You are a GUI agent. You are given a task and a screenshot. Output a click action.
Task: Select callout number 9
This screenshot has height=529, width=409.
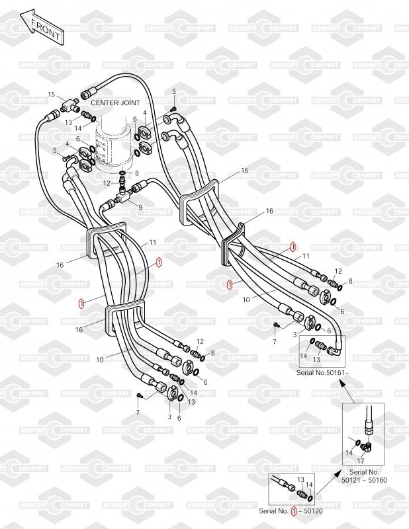pos(140,207)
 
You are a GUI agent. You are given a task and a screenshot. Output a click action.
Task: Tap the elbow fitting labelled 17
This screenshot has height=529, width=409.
pos(371,444)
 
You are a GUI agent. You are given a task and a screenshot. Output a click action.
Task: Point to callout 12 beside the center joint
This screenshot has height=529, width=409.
pos(107,183)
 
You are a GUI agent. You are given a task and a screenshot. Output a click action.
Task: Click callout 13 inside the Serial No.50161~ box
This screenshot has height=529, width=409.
pos(316,359)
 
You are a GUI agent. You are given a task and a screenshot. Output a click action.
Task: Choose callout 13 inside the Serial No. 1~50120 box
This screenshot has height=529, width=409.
pos(300,480)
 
